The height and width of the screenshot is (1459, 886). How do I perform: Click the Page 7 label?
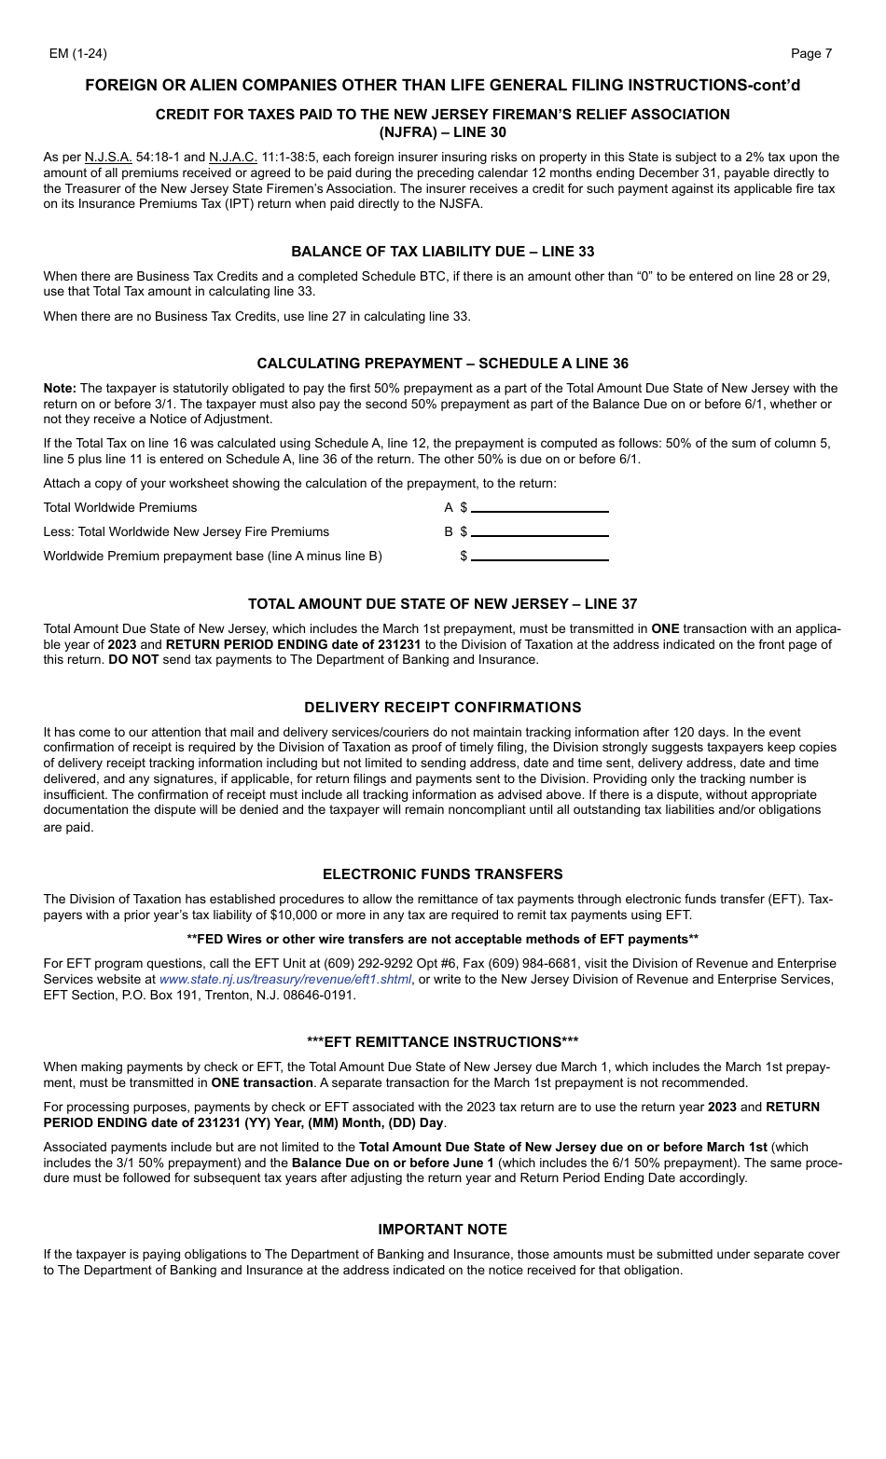pos(810,53)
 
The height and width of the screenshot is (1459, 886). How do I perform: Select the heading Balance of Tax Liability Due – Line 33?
pos(442,252)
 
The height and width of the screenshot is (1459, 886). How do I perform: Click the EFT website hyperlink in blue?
pos(284,980)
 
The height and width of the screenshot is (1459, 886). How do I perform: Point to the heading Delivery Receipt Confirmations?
pos(442,708)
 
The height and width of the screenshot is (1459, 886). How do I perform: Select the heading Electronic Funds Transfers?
pos(442,874)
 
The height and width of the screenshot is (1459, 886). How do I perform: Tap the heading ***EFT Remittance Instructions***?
pos(442,1042)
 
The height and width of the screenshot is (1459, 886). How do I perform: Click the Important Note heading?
pos(442,1230)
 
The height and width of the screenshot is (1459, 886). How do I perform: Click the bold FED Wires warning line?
pos(442,939)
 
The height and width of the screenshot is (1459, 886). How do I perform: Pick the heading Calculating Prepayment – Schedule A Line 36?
pos(442,364)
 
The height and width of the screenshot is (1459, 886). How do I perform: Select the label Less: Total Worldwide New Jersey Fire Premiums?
pos(186,532)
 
